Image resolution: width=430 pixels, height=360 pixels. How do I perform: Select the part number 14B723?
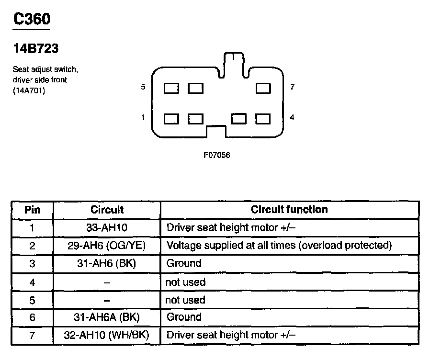point(36,49)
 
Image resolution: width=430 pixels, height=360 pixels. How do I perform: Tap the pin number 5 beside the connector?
point(143,87)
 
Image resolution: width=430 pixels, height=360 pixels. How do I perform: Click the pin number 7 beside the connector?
point(292,87)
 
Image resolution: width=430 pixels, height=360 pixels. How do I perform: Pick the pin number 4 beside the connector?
point(292,117)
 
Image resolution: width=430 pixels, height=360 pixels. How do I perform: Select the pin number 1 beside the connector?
point(143,117)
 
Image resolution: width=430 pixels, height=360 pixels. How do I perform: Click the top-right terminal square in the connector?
point(263,89)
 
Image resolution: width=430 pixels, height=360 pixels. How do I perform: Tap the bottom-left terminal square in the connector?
point(171,118)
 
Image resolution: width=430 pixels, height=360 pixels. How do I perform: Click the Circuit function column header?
point(289,209)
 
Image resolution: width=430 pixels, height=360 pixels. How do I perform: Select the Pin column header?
point(32,210)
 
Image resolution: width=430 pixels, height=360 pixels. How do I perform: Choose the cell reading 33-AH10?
point(107,227)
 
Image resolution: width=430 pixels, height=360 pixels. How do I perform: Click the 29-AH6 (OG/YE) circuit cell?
point(107,246)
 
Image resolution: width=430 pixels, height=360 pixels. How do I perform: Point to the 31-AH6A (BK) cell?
point(107,317)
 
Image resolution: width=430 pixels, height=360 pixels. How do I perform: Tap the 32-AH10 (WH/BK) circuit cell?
point(107,335)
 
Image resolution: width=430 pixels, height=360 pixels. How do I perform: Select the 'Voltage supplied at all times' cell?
point(279,246)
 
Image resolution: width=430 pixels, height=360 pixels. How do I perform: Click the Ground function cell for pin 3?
point(183,263)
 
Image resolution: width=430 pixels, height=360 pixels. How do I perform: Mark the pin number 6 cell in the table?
point(32,317)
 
